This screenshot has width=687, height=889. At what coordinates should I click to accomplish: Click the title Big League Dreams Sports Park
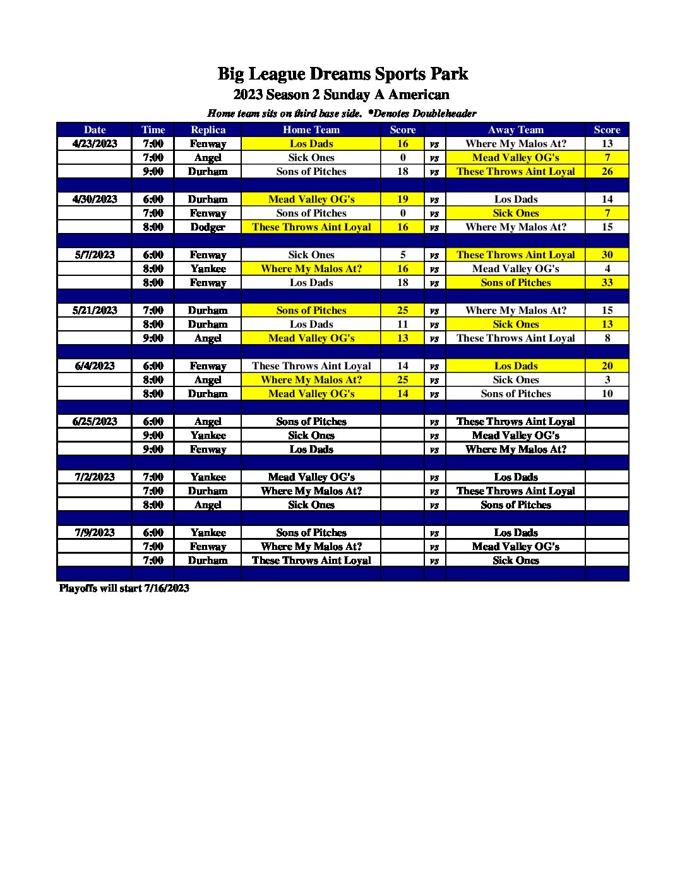[342, 74]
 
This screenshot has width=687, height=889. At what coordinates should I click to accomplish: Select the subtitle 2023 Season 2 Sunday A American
[341, 95]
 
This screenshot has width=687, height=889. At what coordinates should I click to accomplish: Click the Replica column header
[208, 130]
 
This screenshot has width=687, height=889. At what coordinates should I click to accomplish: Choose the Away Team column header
[515, 130]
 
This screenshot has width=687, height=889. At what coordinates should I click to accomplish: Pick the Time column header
[153, 130]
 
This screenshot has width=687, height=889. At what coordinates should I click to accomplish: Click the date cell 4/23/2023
[95, 144]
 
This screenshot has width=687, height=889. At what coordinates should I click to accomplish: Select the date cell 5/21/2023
[95, 311]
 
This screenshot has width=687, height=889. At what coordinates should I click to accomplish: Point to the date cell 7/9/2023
[95, 533]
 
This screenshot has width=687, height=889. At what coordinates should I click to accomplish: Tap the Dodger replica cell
[208, 227]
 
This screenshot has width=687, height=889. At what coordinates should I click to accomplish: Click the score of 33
[607, 283]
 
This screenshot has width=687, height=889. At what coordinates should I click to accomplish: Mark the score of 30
[607, 255]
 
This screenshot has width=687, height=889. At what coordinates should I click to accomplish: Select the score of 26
[607, 172]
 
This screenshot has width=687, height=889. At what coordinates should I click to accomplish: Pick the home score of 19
[403, 200]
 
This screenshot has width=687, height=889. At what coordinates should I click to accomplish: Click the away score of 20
[607, 366]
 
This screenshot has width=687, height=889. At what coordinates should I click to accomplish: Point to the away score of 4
[607, 269]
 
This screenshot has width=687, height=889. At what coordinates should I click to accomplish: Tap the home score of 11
[403, 325]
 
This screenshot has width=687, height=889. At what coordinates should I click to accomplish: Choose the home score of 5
[403, 255]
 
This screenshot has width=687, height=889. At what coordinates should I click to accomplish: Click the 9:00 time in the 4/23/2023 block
[153, 172]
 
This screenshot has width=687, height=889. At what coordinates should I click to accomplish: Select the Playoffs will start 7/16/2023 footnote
[124, 588]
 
